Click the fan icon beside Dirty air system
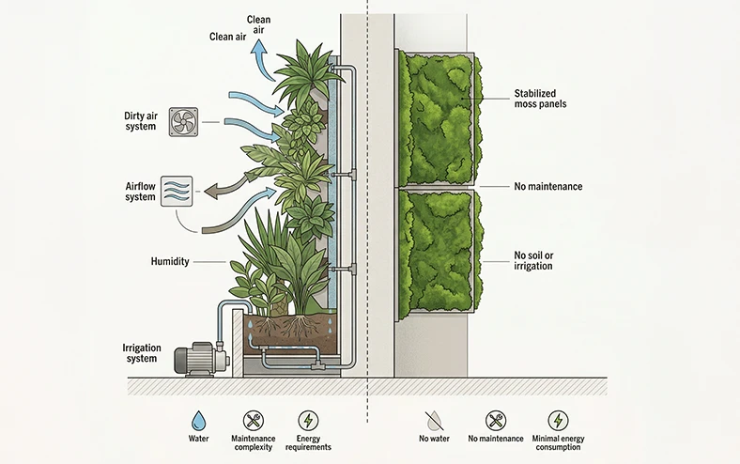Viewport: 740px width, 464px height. tap(183, 121)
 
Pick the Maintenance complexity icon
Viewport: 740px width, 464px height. tap(254, 421)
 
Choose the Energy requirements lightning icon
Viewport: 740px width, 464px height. tap(307, 421)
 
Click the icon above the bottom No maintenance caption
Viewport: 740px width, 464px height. tap(495, 421)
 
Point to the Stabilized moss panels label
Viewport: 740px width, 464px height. tap(547, 99)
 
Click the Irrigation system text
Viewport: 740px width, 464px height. tap(142, 353)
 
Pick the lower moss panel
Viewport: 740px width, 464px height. tap(439, 252)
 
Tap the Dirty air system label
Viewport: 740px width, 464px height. tap(140, 121)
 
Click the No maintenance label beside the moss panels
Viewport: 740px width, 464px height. tap(547, 187)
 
